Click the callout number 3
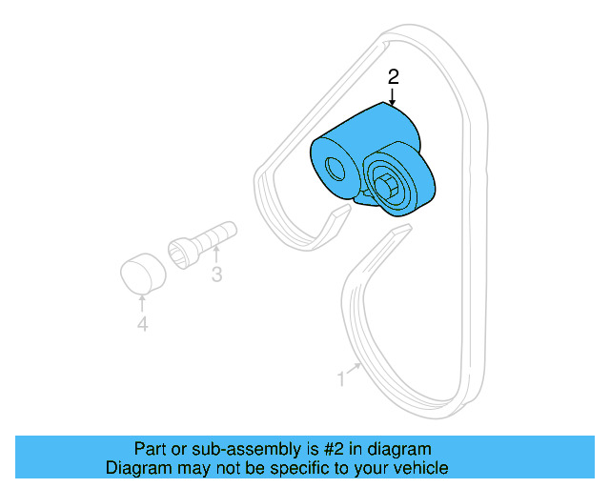pos(216,275)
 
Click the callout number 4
pos(142,325)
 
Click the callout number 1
pos(341,378)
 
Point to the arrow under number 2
pos(392,95)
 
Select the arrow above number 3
pos(216,254)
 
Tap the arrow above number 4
pos(142,304)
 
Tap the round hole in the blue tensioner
pos(335,170)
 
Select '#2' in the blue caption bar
pos(334,449)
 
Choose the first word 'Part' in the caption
pos(149,449)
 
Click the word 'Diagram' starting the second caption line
pos(136,468)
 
